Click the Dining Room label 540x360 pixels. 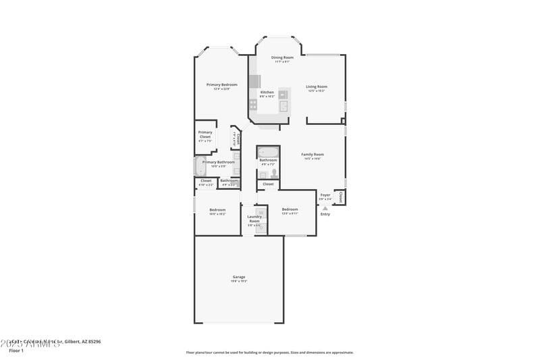tap(282, 57)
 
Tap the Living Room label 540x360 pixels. tap(317, 86)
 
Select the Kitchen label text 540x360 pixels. tap(267, 92)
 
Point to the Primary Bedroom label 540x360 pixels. tap(221, 84)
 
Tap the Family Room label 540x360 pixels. tap(312, 155)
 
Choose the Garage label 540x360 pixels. tap(239, 277)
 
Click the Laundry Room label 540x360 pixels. tap(254, 219)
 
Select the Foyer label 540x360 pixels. tap(325, 195)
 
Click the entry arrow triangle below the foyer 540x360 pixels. tap(325, 208)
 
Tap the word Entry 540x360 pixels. tap(325, 214)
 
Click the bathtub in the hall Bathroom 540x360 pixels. tap(268, 151)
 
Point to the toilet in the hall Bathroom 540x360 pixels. tap(274, 174)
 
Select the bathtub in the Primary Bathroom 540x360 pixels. tap(200, 167)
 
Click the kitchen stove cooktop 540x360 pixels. tap(253, 105)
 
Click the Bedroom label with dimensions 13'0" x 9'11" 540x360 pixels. tap(290, 209)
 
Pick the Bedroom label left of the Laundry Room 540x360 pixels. tap(217, 209)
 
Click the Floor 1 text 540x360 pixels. tap(16, 351)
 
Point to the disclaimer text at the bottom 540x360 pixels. tap(269, 352)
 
